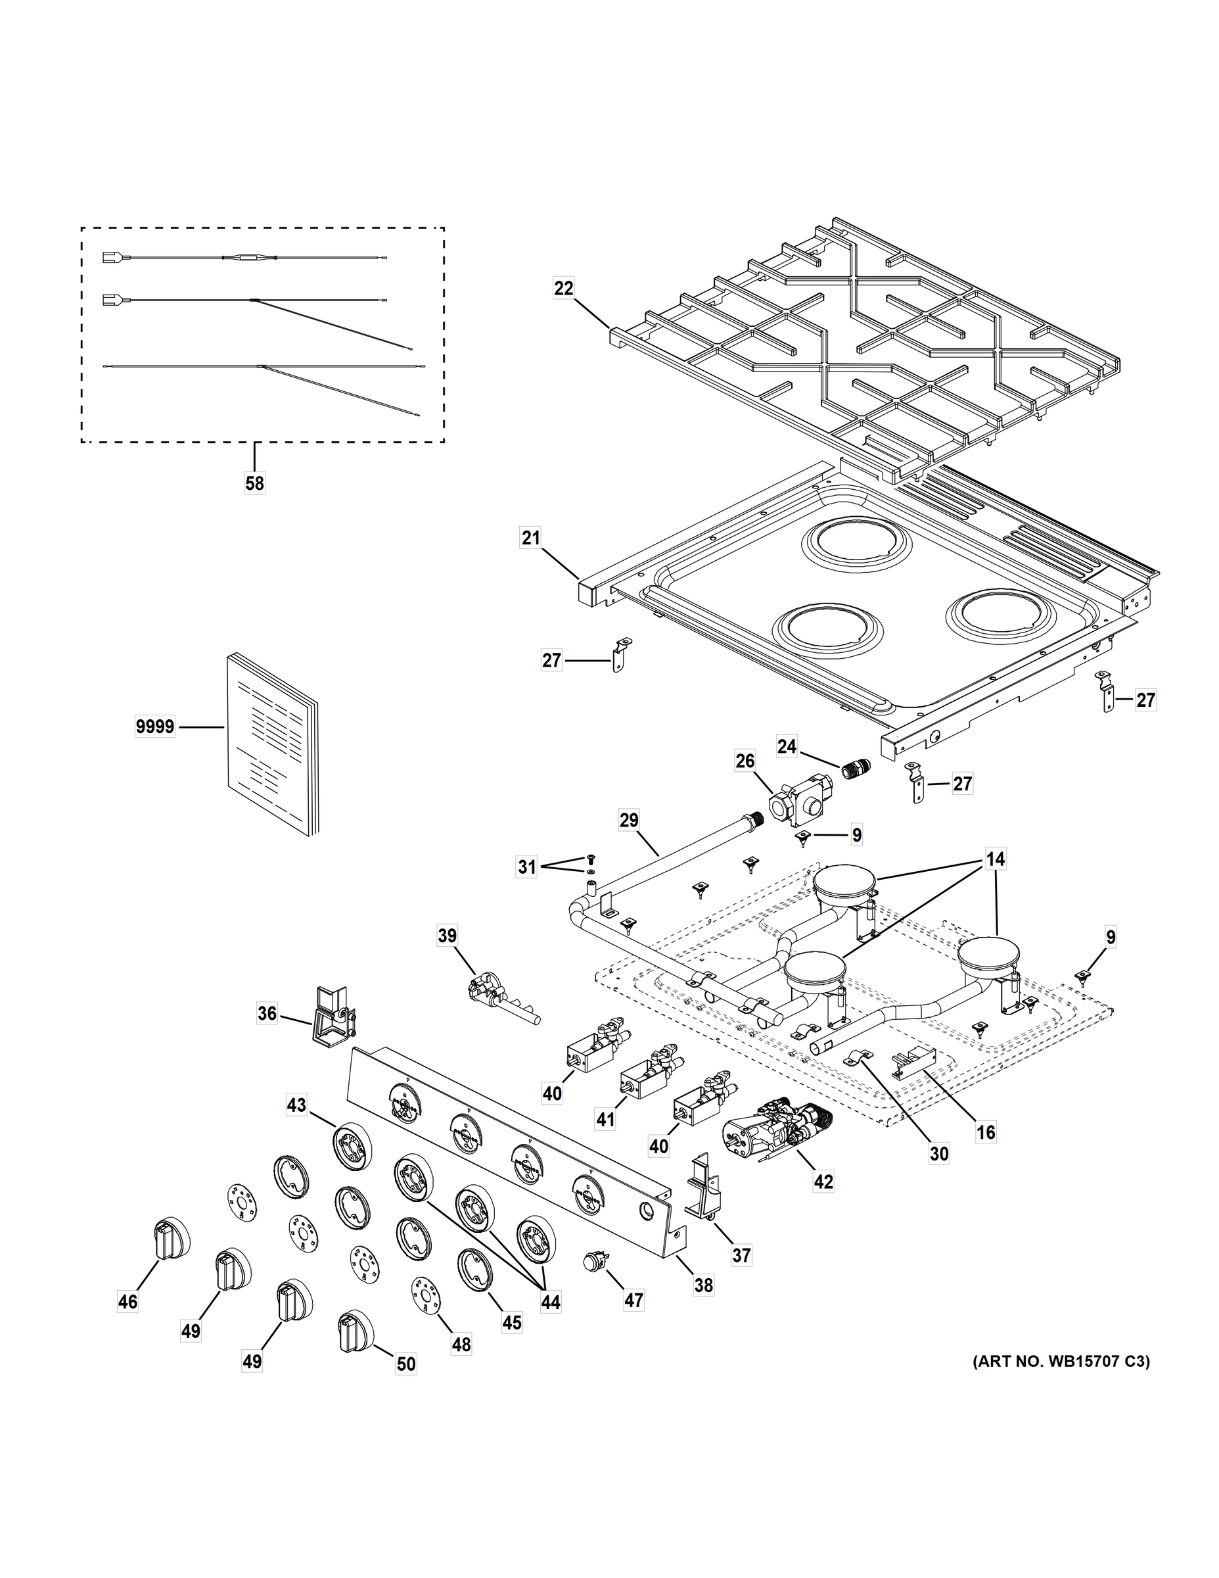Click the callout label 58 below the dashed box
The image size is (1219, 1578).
pos(254,483)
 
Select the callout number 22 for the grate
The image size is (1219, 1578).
pos(563,288)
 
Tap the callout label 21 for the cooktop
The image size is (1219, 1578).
pos(531,538)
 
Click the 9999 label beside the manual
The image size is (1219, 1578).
pos(154,726)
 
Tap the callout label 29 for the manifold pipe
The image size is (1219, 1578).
pos(629,820)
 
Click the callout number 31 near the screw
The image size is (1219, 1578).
pos(526,867)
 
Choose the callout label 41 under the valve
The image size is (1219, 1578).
pos(605,1120)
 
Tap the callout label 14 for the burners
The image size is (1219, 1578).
pos(995,860)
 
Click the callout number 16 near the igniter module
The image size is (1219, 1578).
pos(985,1132)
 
